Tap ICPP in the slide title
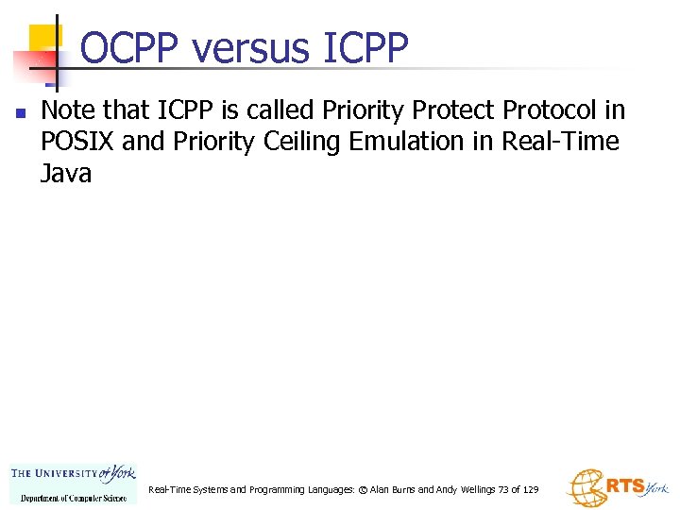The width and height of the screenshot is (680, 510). (x=365, y=48)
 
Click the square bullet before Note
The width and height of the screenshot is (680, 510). (x=19, y=112)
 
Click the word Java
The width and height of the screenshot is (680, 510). (x=66, y=173)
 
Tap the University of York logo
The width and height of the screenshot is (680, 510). (x=73, y=475)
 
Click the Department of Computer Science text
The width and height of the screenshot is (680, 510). (x=74, y=497)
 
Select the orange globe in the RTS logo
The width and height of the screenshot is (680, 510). (x=586, y=488)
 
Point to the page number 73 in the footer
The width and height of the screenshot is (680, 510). (x=503, y=490)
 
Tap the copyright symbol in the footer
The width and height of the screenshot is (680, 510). (x=364, y=490)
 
